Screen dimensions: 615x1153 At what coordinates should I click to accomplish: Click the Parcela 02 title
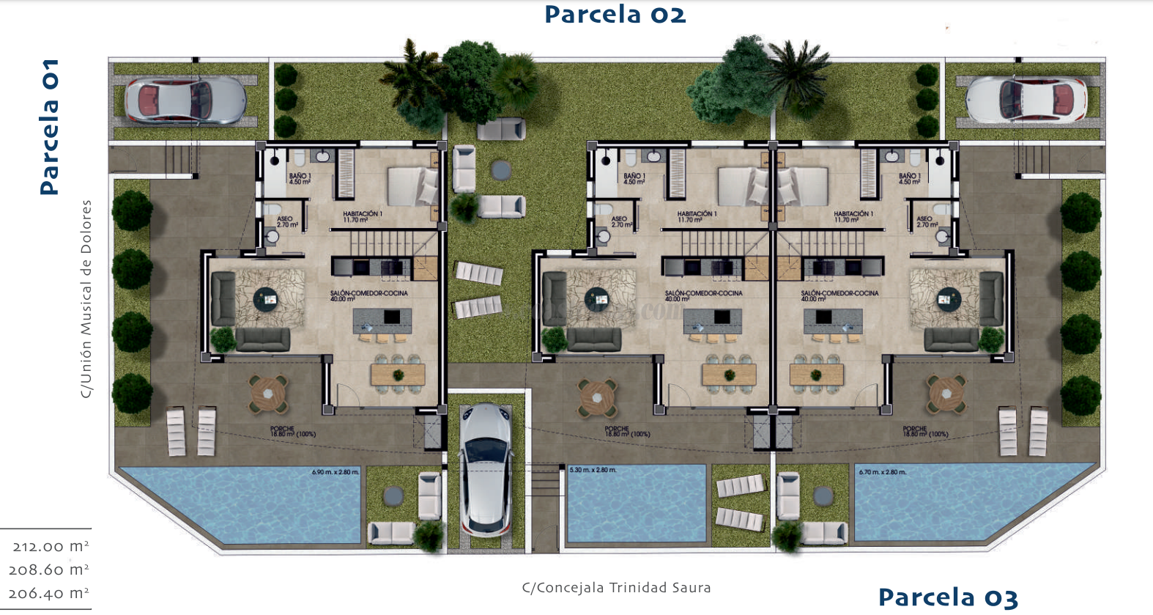coord(615,15)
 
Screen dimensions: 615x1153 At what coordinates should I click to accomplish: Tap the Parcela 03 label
coord(948,597)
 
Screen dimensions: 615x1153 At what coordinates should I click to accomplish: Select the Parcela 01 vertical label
coord(49,126)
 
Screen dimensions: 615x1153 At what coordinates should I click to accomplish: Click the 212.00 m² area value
coord(51,546)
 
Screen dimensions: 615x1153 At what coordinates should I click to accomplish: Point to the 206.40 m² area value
coord(48,593)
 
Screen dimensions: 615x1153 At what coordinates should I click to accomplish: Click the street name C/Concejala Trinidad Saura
coord(616,587)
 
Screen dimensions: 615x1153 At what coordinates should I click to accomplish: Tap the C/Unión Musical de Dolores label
coord(86,299)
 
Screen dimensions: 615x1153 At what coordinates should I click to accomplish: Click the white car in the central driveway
coord(486,469)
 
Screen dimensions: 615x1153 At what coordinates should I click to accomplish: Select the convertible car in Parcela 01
coord(185,100)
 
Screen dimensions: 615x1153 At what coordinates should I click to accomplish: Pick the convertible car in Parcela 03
coord(1026,100)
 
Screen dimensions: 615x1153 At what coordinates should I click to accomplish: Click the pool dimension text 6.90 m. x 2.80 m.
coord(335,472)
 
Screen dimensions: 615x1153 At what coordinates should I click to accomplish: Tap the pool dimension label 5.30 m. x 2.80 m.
coord(593,470)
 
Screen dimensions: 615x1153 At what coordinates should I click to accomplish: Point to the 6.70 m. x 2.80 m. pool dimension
coord(882,472)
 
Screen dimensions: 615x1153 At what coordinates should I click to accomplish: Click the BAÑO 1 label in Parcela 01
coord(300,178)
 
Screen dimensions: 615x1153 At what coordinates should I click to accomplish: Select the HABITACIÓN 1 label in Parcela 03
coord(853,216)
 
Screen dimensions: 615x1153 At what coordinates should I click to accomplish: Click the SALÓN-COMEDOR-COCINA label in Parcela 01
coord(368,295)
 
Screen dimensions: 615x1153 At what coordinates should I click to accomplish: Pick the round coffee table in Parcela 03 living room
coord(948,299)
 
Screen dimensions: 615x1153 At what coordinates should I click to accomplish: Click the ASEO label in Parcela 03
coord(924,221)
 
